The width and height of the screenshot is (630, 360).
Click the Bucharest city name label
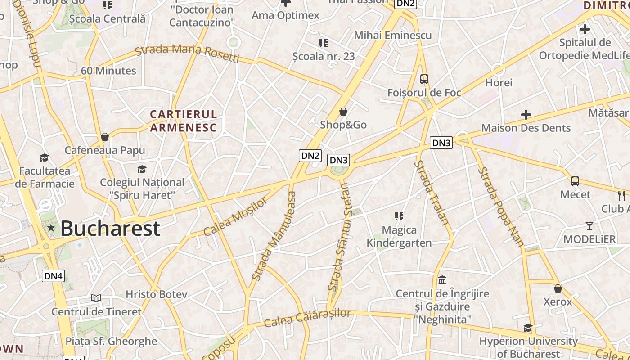tap(110, 228)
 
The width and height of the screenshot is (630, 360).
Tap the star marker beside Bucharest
tap(51, 228)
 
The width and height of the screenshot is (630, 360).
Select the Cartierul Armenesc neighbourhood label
tap(184, 121)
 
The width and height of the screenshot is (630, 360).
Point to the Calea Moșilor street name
tap(235, 217)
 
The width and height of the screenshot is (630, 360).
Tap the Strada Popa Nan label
tap(500, 207)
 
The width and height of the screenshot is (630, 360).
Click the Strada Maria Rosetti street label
tap(187, 52)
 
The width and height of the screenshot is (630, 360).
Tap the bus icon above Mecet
tap(575, 181)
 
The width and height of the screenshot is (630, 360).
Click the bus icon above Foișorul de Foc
tap(424, 79)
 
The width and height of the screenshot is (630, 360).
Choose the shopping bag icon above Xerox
tap(558, 288)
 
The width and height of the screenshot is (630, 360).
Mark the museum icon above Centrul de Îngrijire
tap(442, 280)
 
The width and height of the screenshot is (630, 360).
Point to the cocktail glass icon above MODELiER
tap(589, 225)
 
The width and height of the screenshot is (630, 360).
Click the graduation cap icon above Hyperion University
tap(528, 328)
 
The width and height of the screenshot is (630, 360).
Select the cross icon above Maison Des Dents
tap(526, 115)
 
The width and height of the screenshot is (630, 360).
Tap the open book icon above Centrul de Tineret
tap(96, 298)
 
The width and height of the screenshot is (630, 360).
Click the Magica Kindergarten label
tap(399, 237)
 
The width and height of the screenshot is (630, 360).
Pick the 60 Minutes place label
tap(108, 71)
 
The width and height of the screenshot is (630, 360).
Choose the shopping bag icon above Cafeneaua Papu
tap(105, 137)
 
